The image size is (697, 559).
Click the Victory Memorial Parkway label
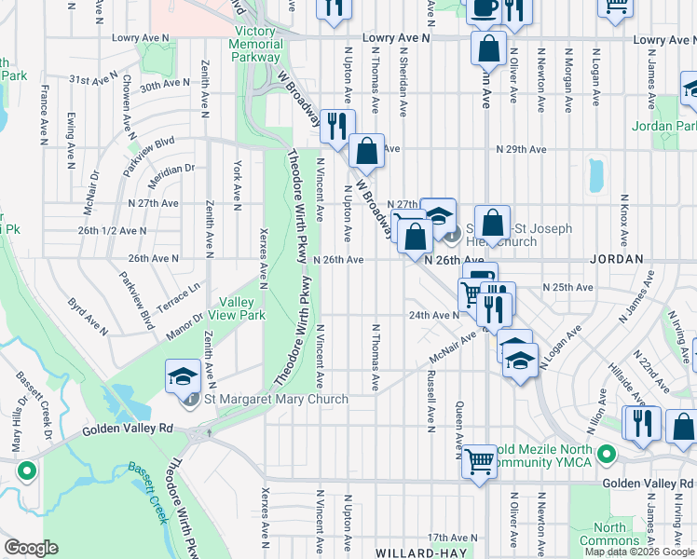[x=255, y=44]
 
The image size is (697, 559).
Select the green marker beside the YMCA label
[x=607, y=456]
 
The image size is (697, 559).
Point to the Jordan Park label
[x=663, y=126]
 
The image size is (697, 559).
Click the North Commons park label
[x=616, y=534]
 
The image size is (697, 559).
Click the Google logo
[x=32, y=548]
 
